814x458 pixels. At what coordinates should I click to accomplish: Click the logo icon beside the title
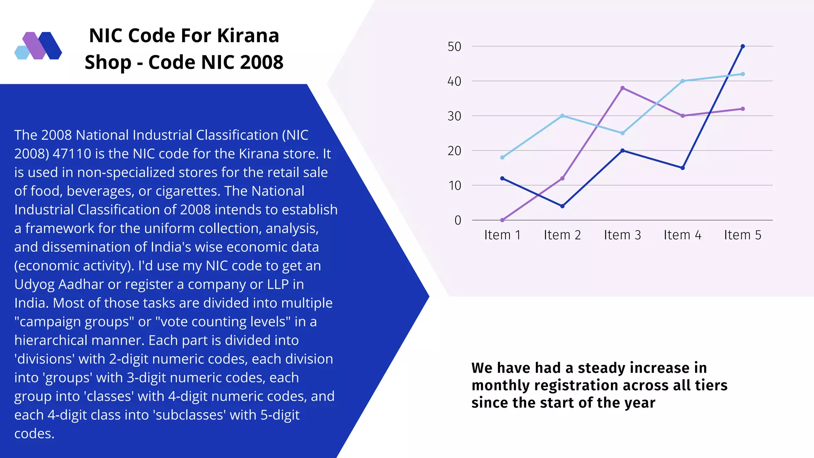[x=38, y=46]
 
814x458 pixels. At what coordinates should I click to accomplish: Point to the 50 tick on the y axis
[x=454, y=47]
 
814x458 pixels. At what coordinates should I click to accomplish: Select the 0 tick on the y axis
[x=458, y=220]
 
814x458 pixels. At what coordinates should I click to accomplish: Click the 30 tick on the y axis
[x=454, y=116]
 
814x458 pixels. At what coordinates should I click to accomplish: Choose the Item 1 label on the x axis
[x=502, y=235]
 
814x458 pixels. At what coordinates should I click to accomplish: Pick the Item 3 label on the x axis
[x=622, y=235]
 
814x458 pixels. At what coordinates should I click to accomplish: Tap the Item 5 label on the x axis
[x=742, y=235]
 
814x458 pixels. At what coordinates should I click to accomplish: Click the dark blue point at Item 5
[x=742, y=47]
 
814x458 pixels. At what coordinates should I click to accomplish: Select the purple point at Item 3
[x=622, y=88]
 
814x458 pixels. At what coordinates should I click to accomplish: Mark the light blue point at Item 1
[x=502, y=157]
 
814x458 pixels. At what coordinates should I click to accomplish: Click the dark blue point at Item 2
[x=562, y=206]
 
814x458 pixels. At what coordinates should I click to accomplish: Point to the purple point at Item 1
[x=502, y=220]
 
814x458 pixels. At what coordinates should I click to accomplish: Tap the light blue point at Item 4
[x=682, y=81]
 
